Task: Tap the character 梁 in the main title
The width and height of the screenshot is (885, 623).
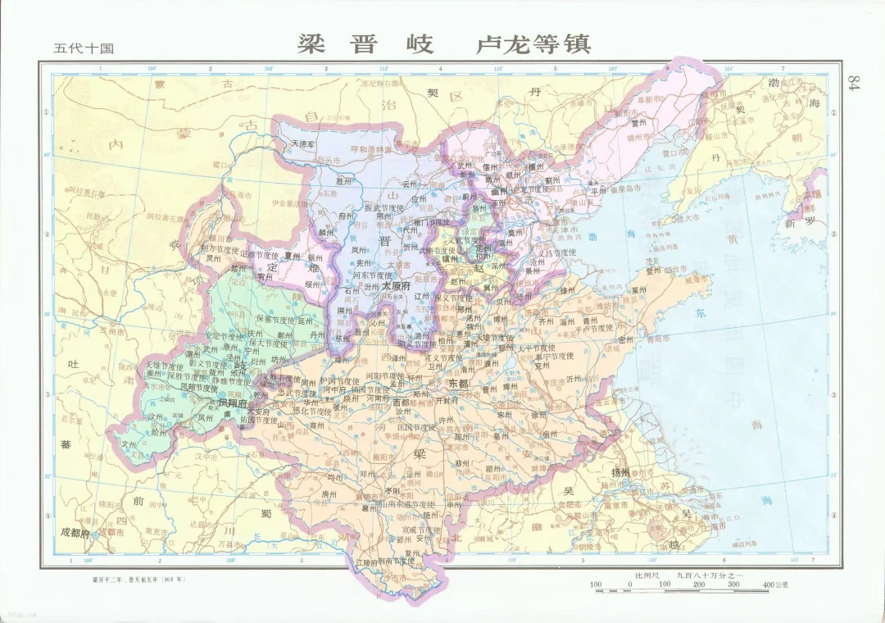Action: click(314, 43)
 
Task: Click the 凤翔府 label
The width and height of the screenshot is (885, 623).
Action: click(231, 403)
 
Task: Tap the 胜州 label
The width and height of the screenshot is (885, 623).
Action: click(344, 180)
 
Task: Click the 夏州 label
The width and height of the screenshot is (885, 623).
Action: click(293, 256)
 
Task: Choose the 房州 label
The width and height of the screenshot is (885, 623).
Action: click(329, 493)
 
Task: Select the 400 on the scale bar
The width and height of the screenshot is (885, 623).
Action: click(768, 584)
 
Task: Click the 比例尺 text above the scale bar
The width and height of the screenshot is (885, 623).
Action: click(647, 575)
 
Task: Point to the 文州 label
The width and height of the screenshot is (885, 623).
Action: click(128, 443)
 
